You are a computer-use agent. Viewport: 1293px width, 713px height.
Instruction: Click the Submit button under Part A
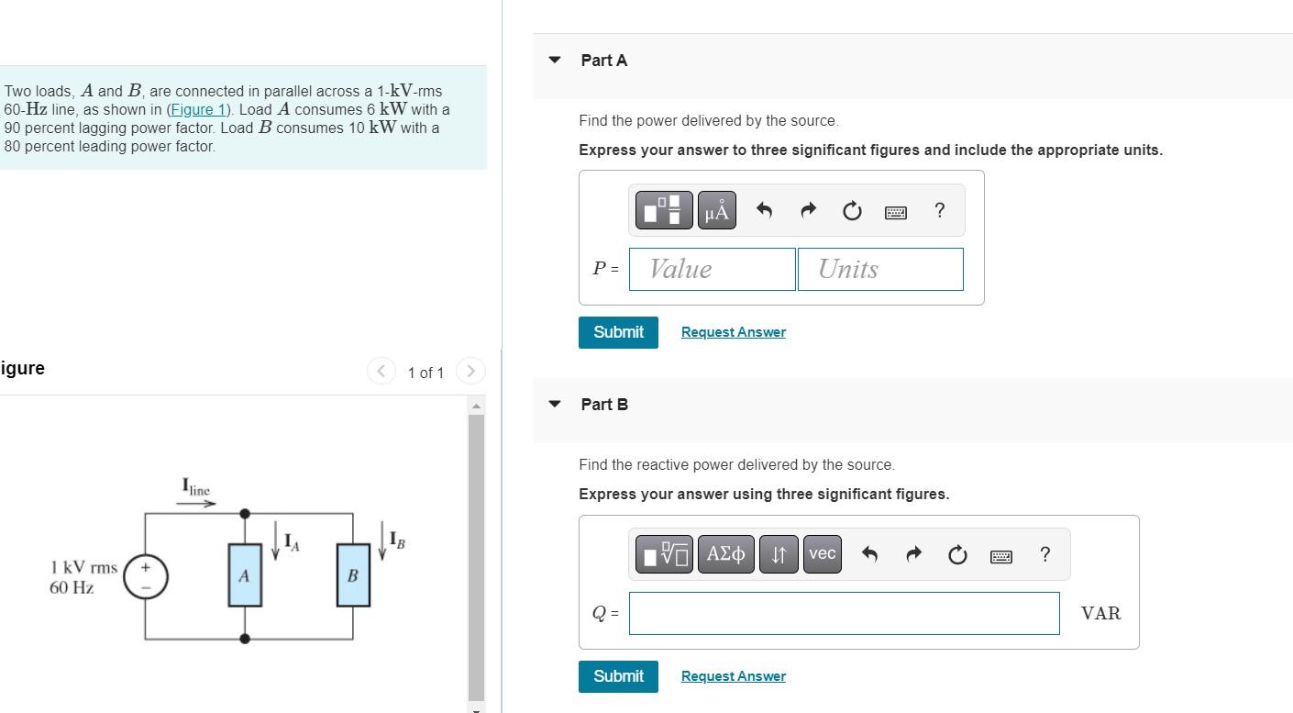(x=618, y=332)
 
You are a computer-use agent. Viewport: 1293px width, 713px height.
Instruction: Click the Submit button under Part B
(x=618, y=676)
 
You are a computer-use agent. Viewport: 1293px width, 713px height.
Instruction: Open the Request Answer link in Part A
(x=733, y=332)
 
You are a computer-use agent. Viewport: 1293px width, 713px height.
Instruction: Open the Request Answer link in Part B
(x=733, y=676)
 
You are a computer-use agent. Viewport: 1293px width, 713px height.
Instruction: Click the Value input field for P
(x=712, y=269)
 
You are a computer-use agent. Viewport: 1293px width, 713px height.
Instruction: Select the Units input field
(x=879, y=269)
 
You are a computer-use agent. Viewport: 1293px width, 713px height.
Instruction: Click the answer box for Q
(x=844, y=613)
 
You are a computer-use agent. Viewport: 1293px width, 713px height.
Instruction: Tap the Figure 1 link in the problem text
(x=197, y=109)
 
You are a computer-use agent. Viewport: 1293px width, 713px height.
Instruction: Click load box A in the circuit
(x=245, y=575)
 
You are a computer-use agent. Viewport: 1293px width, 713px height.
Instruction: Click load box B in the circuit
(x=353, y=575)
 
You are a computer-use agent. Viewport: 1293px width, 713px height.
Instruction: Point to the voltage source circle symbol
(x=146, y=576)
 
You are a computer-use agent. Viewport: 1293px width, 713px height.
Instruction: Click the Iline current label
(x=196, y=487)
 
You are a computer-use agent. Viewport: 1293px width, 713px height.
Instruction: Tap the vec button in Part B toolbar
(x=822, y=554)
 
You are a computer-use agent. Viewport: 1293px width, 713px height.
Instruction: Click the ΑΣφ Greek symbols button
(x=725, y=554)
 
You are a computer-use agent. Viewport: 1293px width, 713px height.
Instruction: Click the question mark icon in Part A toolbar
(x=939, y=211)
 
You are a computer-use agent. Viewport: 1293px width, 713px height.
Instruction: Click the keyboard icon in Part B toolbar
(x=1001, y=555)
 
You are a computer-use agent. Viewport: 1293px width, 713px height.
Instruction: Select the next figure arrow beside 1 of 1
(x=470, y=371)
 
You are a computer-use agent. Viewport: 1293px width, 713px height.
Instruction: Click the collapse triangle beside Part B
(x=554, y=404)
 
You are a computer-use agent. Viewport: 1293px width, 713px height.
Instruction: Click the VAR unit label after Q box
(x=1100, y=613)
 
